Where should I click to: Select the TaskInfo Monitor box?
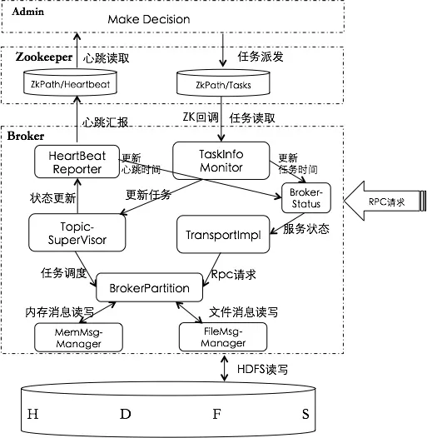click(x=221, y=158)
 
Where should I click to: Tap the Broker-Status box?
click(x=305, y=197)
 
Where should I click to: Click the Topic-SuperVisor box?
click(x=80, y=232)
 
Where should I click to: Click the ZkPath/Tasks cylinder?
click(x=221, y=84)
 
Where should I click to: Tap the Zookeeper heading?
click(x=42, y=57)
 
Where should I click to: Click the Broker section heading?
click(x=26, y=134)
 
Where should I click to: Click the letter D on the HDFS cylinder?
click(x=126, y=414)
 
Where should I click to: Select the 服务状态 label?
click(x=305, y=227)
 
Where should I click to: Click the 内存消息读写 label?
click(x=56, y=311)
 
